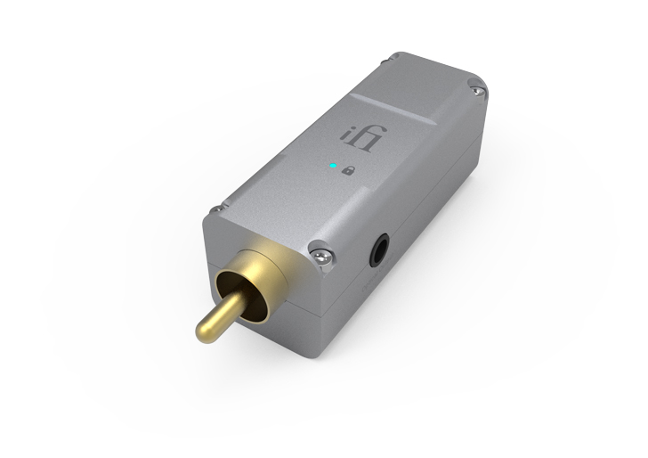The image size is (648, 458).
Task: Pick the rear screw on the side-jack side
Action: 480,87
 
